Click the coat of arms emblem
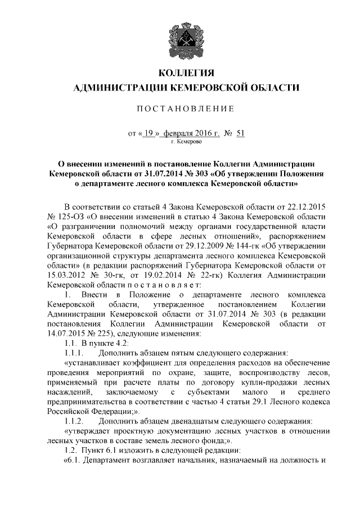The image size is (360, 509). [180, 36]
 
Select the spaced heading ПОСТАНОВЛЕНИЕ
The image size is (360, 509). [180, 108]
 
